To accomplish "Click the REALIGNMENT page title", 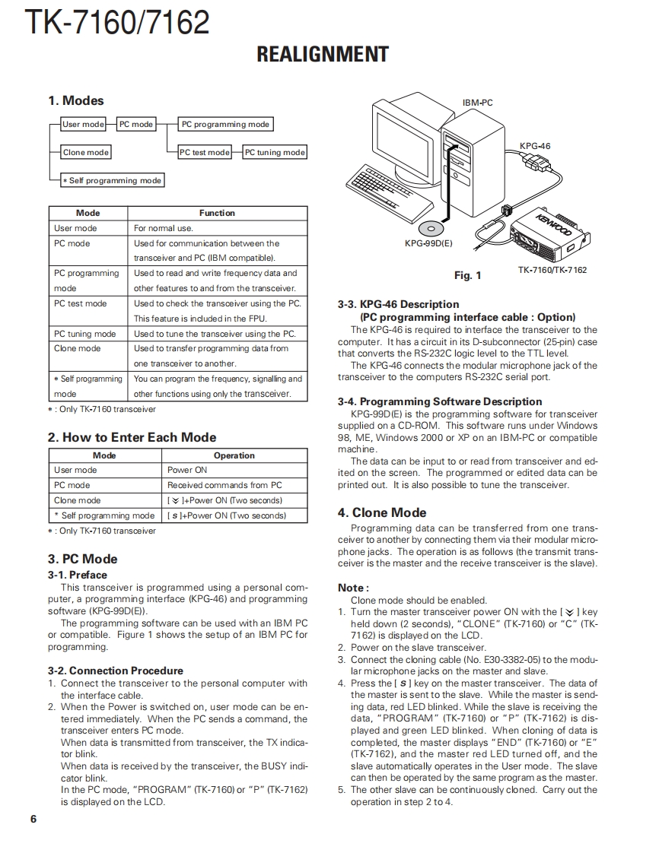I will (x=323, y=55).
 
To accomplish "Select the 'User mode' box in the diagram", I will (x=83, y=125).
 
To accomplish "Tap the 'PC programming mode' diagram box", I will (x=225, y=125).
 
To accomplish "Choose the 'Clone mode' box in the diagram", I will (x=85, y=153).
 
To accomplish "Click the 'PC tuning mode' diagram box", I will (x=275, y=153).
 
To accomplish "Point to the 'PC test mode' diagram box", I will (x=204, y=153).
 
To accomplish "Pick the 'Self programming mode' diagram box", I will (x=113, y=181).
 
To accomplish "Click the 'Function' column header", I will (x=217, y=214).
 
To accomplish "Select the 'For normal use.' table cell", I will (x=164, y=228).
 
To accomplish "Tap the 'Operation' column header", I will (x=234, y=456).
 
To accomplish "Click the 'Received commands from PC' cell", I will (x=224, y=485).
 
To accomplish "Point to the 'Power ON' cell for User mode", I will (x=187, y=471).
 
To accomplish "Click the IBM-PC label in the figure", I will (x=477, y=103).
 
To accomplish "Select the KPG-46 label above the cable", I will (x=535, y=146).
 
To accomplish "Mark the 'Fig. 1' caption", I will (x=467, y=275).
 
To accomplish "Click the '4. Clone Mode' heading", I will (x=382, y=512).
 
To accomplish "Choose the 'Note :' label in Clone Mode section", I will (x=353, y=588).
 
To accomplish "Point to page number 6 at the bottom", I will (x=33, y=819).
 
